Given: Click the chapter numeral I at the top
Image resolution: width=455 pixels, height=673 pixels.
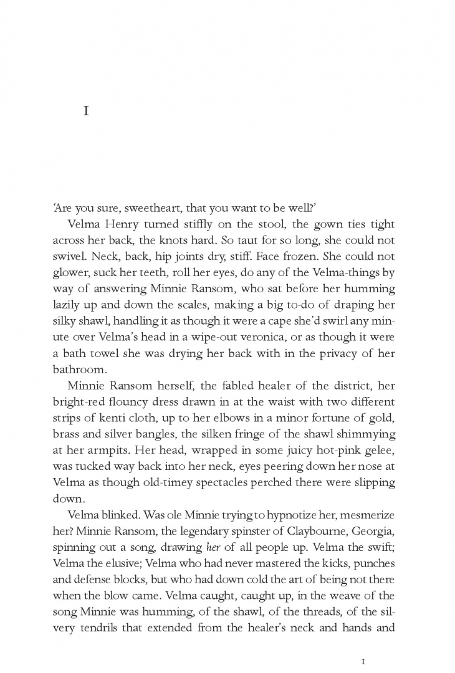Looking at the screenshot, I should [87, 112].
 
